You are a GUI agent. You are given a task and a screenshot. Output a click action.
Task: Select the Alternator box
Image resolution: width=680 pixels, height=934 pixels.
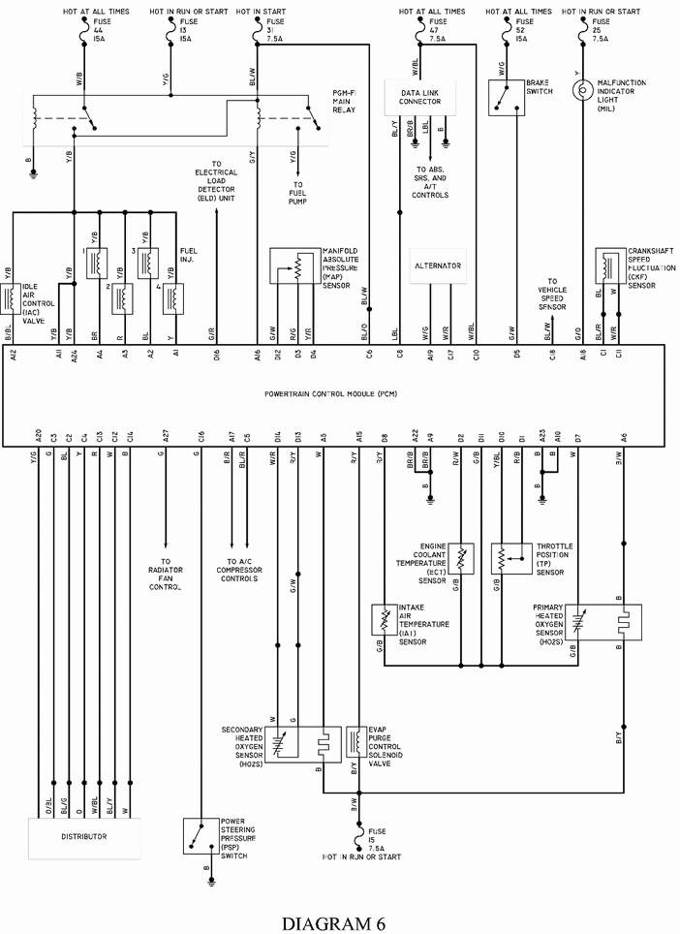point(438,265)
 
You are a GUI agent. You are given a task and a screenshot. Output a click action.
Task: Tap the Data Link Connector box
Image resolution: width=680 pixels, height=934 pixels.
point(419,96)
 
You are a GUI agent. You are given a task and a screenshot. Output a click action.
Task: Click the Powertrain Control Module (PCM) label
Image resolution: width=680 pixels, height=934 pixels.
point(330,394)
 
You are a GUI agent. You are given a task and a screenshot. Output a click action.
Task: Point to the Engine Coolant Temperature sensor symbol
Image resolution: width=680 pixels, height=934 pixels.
point(461,558)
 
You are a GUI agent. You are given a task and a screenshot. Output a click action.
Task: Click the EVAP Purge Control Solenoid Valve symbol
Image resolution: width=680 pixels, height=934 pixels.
point(355,742)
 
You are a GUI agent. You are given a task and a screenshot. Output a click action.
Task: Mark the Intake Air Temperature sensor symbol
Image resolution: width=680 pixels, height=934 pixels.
point(385,621)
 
